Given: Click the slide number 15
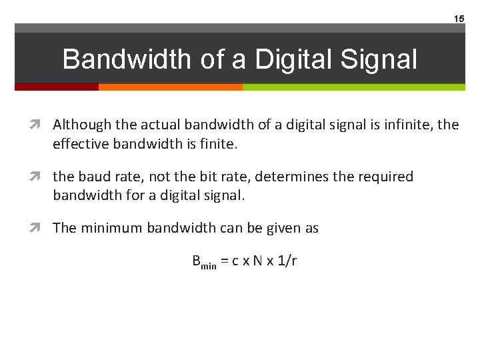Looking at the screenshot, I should [459, 19].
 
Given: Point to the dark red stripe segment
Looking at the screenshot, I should [57, 87].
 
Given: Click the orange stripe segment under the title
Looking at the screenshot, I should [170, 87].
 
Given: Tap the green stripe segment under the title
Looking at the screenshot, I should [353, 87].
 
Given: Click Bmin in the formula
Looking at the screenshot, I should [204, 262].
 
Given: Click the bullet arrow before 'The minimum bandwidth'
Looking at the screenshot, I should [42, 228].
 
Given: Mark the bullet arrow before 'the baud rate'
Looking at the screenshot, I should [42, 177].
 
